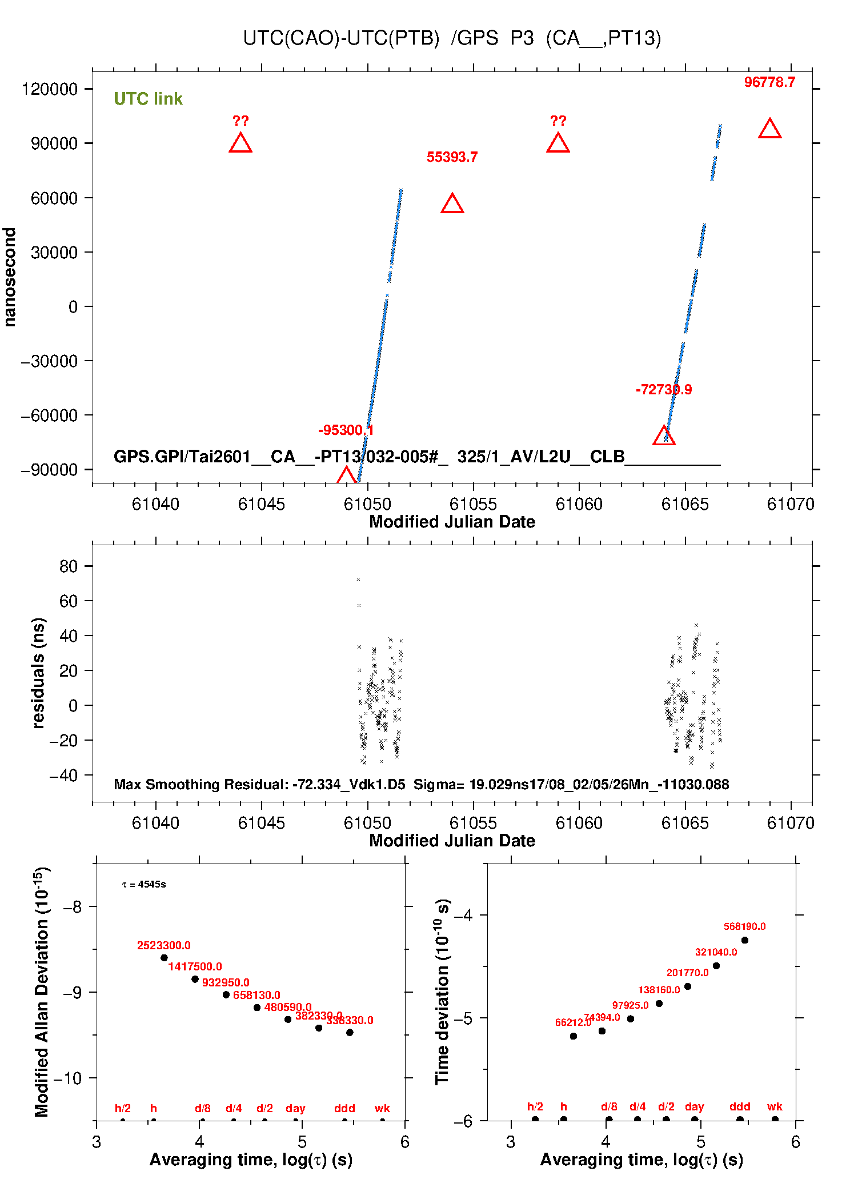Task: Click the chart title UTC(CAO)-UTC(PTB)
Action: point(341,38)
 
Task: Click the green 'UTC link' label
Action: point(148,99)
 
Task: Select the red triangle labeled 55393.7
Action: point(452,204)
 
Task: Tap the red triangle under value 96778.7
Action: point(769,129)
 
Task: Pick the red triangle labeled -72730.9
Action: point(664,436)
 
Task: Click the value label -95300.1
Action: point(346,430)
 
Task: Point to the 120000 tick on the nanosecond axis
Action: point(50,89)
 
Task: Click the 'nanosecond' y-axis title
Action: point(10,277)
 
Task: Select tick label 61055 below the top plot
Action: point(473,504)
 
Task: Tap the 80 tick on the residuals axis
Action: point(68,566)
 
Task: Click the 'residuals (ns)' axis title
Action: point(38,673)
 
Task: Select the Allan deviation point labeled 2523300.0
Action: point(164,958)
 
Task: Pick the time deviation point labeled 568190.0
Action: point(744,940)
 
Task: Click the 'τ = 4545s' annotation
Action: point(144,885)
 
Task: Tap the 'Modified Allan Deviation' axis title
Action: point(42,992)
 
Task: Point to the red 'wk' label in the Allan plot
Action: point(382,1108)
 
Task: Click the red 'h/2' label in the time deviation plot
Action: point(535,1106)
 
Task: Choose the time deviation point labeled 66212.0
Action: point(574,1036)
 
